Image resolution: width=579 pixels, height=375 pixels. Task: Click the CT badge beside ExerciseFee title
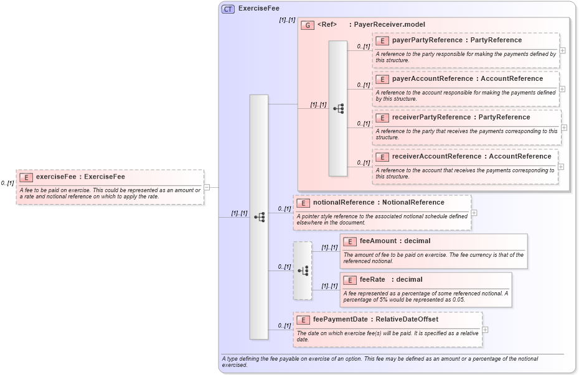228,9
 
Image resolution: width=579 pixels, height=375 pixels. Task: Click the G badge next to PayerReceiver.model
307,25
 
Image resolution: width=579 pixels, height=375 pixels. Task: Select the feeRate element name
372,280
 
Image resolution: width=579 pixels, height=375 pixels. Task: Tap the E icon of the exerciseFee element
26,177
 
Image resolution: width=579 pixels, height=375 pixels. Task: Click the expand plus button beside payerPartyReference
562,50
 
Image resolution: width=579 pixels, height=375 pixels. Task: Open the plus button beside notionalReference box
474,212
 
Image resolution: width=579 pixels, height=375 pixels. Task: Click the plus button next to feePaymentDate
485,330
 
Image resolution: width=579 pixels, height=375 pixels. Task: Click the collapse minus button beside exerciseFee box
207,187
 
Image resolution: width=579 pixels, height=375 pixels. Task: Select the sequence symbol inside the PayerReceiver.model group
338,108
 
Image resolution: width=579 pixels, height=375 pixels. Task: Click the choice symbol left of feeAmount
303,271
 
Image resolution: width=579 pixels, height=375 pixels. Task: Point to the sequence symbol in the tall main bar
259,217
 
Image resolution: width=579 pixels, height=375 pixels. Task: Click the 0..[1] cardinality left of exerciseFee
7,183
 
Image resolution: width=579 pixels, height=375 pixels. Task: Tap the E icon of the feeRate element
350,280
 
